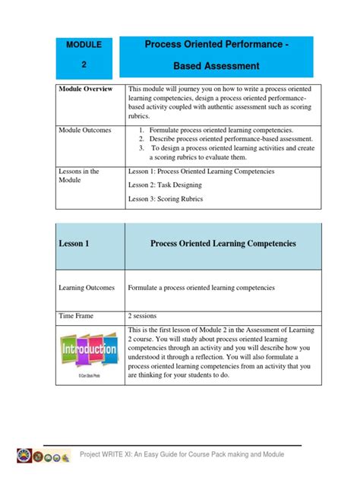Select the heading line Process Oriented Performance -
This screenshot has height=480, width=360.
tap(216, 46)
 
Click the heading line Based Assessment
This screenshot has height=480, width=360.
tap(216, 67)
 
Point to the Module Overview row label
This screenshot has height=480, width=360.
tap(86, 90)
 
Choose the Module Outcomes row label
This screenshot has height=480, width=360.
tap(85, 131)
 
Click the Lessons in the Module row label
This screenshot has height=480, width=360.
tap(80, 177)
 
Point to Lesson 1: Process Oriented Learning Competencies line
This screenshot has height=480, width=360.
tap(201, 172)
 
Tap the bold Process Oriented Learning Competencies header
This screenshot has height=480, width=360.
tap(223, 244)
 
